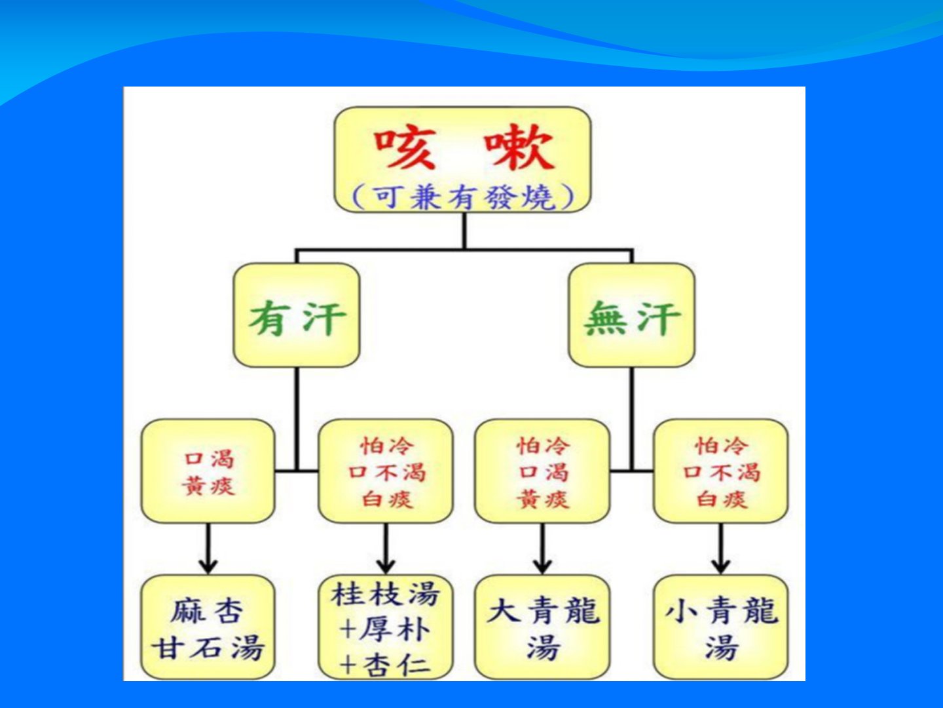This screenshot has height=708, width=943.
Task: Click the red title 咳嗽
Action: pyautogui.click(x=464, y=147)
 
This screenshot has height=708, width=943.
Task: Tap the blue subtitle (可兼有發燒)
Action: pyautogui.click(x=462, y=197)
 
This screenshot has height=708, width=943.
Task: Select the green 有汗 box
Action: pyautogui.click(x=297, y=316)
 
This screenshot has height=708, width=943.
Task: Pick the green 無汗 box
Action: pyautogui.click(x=631, y=316)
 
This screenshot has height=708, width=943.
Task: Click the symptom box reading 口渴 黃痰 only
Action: pyautogui.click(x=208, y=471)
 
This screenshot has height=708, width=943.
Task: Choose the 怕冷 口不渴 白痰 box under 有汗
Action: pyautogui.click(x=386, y=471)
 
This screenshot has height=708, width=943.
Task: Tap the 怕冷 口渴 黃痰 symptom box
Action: pyautogui.click(x=542, y=471)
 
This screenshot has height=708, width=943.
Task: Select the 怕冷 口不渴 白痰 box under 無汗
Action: pyautogui.click(x=720, y=471)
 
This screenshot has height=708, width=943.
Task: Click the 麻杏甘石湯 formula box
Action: pyautogui.click(x=208, y=627)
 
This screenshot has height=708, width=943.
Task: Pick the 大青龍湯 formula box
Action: pyautogui.click(x=542, y=627)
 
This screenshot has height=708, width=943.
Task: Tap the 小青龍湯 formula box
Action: pyautogui.click(x=720, y=627)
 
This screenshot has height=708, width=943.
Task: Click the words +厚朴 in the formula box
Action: pyautogui.click(x=386, y=631)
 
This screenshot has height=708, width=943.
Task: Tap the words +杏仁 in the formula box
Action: pyautogui.click(x=386, y=665)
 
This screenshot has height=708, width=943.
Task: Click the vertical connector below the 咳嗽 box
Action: pyautogui.click(x=464, y=231)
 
